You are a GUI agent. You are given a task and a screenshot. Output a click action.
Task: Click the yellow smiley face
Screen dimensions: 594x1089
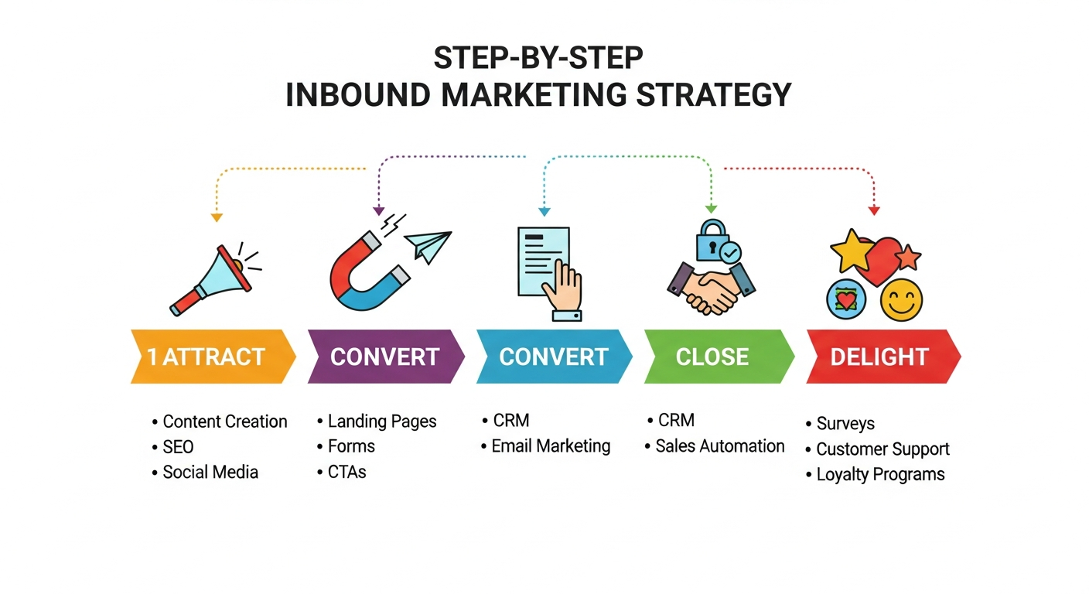901,300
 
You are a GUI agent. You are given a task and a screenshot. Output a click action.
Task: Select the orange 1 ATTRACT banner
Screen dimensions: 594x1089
211,357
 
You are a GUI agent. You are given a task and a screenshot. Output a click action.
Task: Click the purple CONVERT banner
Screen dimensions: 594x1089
385,357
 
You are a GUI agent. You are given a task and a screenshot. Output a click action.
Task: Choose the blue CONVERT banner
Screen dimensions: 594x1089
553,357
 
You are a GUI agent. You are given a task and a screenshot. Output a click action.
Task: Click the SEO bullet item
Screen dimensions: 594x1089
178,447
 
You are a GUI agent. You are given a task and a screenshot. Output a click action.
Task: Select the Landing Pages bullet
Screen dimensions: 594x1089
382,422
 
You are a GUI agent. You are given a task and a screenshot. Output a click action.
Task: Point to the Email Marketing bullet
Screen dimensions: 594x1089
551,446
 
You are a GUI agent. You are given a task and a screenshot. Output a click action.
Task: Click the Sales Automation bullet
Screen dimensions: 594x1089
719,446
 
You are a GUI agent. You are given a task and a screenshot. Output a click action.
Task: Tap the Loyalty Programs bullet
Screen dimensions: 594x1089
880,474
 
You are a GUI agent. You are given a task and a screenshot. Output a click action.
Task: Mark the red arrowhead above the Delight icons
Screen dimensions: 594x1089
874,210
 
